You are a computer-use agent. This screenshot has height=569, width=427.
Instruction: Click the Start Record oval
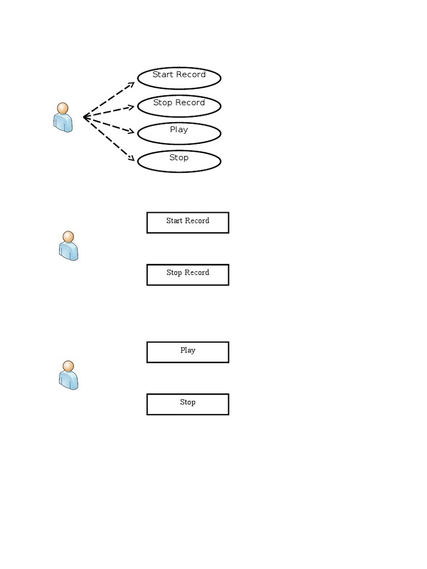179,78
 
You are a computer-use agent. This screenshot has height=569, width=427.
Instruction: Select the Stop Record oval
179,106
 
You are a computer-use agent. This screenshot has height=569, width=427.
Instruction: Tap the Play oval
179,133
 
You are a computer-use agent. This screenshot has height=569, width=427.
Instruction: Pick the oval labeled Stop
179,161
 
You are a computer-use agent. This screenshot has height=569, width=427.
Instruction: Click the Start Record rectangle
188,222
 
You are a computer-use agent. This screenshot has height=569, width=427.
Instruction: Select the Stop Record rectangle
188,274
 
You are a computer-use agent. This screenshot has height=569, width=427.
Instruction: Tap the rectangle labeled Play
188,352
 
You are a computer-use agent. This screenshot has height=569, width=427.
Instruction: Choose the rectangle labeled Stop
188,404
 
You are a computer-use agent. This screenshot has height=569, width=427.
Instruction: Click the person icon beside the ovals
63,117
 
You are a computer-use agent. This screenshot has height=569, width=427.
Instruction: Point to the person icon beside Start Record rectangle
68,246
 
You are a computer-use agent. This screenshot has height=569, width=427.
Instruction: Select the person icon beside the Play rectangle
68,375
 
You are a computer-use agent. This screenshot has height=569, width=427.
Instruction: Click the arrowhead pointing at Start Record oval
132,84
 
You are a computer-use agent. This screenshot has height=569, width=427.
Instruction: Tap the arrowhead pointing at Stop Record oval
132,106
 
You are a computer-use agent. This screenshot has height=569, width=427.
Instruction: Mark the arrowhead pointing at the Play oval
132,132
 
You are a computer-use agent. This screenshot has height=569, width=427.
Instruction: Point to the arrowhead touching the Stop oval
132,159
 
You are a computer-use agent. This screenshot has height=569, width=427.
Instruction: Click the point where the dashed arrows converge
84,117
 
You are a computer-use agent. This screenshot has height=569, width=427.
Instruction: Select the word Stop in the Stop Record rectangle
174,273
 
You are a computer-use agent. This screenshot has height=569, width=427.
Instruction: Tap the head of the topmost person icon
63,108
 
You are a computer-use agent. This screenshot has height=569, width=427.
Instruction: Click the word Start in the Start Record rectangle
175,221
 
